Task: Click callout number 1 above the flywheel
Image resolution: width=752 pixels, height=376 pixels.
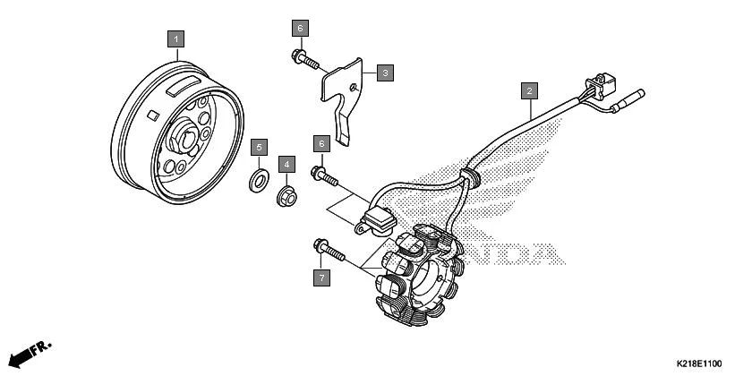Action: point(176,38)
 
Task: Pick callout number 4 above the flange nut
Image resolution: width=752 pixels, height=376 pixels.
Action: point(286,164)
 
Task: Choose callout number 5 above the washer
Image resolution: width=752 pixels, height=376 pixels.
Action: point(259,146)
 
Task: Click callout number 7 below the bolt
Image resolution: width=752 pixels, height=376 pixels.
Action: point(320,277)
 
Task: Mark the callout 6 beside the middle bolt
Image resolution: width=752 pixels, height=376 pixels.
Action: point(320,143)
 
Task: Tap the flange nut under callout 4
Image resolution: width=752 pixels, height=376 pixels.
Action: point(286,193)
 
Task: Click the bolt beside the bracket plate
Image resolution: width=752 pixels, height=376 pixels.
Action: point(305,61)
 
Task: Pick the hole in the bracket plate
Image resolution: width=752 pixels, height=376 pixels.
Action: point(356,86)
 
